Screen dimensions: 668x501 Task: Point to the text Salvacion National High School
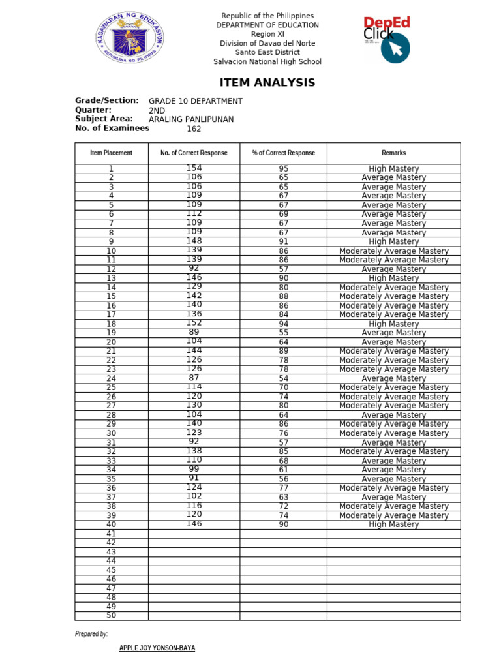coord(267,62)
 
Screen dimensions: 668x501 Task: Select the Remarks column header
coord(393,153)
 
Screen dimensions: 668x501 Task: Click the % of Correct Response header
coord(283,153)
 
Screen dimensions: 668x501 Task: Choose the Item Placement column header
coord(111,153)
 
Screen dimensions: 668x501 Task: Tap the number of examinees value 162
coord(194,129)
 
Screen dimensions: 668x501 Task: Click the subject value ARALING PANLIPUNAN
coord(191,119)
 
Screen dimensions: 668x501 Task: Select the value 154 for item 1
coord(194,168)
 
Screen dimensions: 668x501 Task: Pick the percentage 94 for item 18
coord(283,324)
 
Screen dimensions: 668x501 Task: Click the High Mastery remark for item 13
coord(393,278)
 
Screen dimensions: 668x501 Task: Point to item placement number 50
coord(111,615)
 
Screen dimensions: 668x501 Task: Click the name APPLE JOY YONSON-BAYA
coord(157,648)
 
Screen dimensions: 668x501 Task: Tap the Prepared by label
coord(91,634)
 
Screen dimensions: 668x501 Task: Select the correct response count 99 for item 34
coord(194,469)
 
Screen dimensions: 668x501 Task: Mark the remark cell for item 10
coord(393,250)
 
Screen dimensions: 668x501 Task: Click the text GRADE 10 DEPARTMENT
coord(196,101)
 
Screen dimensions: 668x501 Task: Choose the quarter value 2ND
coord(157,110)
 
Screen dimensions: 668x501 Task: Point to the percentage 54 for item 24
coord(283,378)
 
